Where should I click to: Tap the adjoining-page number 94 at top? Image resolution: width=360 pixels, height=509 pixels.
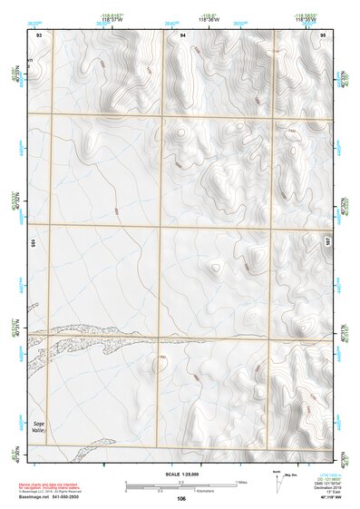[x=182, y=34]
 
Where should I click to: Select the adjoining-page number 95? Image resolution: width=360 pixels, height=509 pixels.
[x=323, y=34]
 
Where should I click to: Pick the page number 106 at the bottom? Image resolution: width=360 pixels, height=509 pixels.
[x=181, y=498]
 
